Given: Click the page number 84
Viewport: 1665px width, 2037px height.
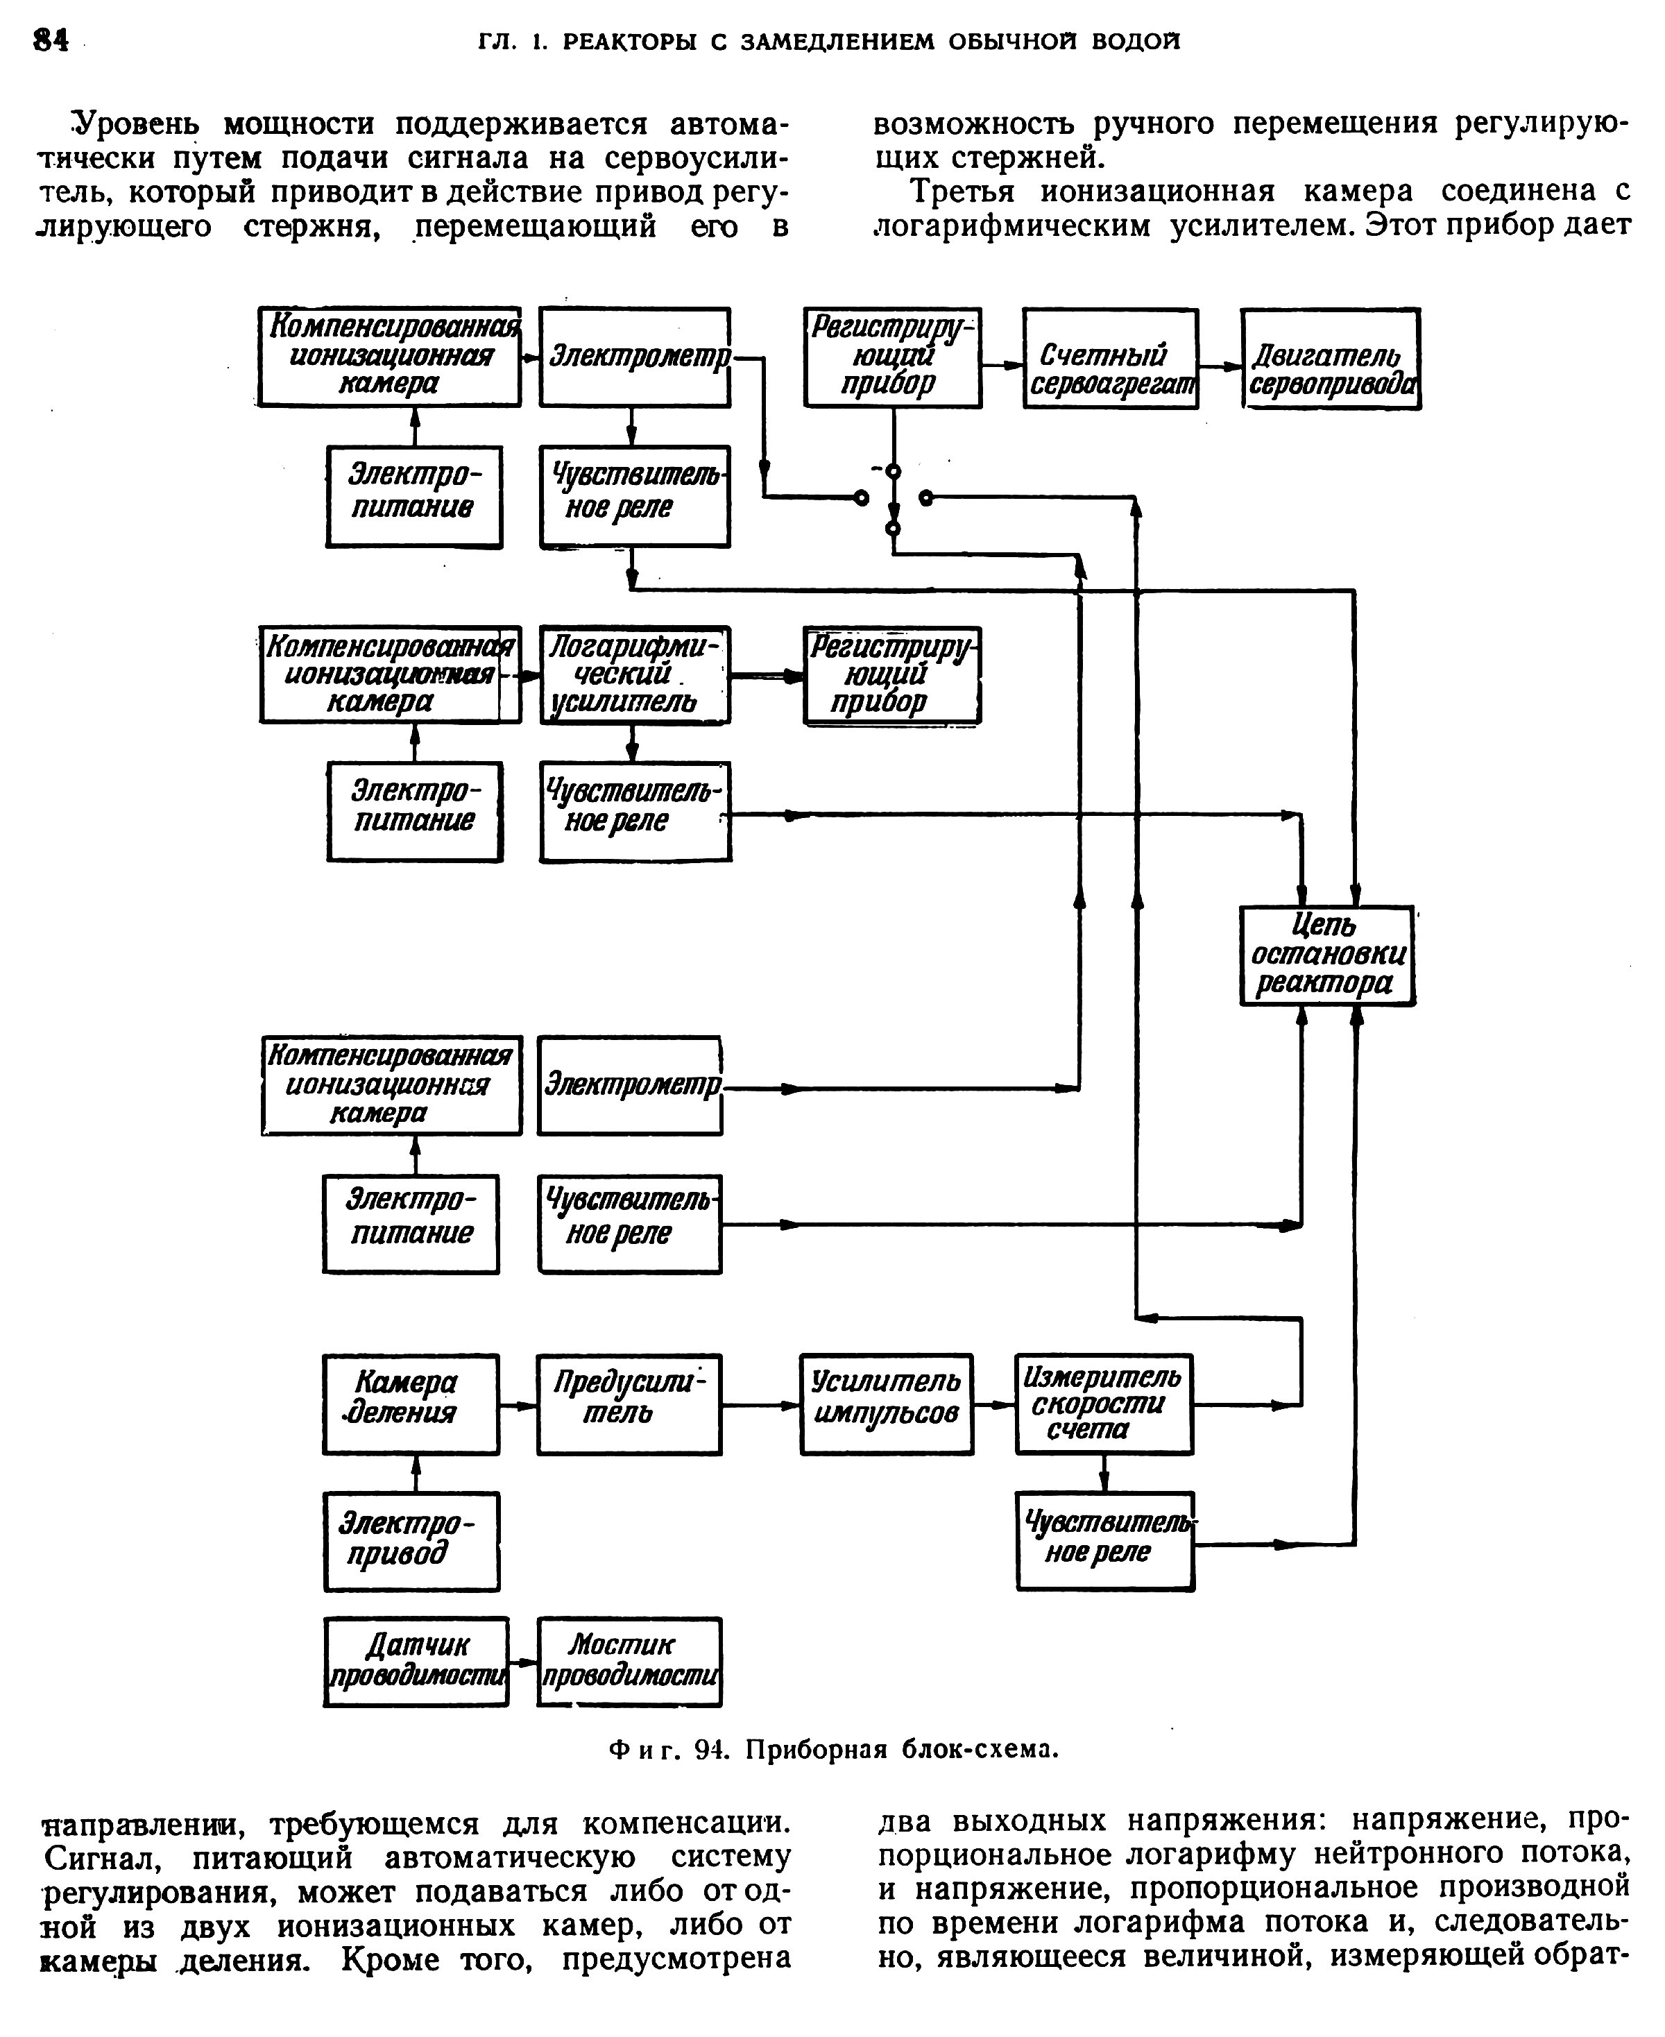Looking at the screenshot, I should click(51, 40).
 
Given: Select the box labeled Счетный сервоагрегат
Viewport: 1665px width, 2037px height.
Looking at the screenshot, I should click(1110, 359).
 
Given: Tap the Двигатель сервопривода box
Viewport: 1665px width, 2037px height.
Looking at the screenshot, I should click(1331, 359).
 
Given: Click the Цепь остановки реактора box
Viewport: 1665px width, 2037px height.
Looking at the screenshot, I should click(1327, 955).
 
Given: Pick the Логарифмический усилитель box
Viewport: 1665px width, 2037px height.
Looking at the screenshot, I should click(634, 675).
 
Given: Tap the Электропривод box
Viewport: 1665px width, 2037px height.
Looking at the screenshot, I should click(411, 1541).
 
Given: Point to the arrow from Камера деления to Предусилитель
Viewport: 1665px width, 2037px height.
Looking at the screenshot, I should click(518, 1406).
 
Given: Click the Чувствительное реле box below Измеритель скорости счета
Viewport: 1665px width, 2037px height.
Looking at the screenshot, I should click(1105, 1541).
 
